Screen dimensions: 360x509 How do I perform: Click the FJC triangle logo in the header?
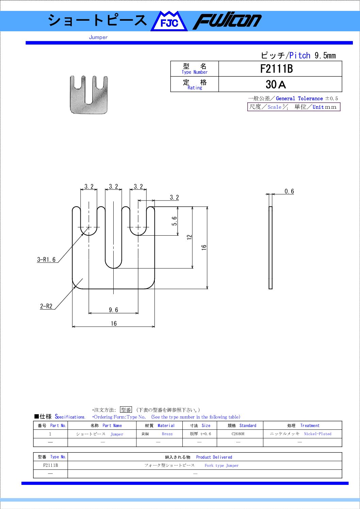click(x=169, y=21)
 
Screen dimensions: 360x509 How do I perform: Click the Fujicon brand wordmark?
click(x=227, y=21)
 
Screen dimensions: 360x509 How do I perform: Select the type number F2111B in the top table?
click(x=276, y=69)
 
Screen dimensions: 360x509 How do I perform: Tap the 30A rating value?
click(x=276, y=85)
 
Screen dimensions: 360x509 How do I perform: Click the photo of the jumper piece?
click(x=89, y=95)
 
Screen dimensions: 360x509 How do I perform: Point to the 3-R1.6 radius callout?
click(x=46, y=260)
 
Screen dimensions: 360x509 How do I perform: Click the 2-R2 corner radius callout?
click(x=46, y=306)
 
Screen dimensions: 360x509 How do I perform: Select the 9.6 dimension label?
click(x=114, y=310)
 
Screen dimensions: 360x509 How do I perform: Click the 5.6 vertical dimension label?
click(x=174, y=221)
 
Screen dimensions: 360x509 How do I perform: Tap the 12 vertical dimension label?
click(x=190, y=237)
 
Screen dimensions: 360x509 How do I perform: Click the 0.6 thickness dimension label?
click(x=289, y=191)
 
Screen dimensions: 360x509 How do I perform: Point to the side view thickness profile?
click(x=271, y=248)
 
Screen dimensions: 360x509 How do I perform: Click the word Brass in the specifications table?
click(x=167, y=434)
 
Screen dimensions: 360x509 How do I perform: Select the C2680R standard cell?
click(x=238, y=434)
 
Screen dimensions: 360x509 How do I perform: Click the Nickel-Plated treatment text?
click(x=318, y=434)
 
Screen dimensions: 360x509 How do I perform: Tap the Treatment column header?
click(x=310, y=425)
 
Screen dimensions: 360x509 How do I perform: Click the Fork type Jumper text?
click(x=222, y=465)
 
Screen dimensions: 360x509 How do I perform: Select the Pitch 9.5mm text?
click(x=312, y=55)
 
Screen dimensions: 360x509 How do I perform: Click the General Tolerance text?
click(x=299, y=98)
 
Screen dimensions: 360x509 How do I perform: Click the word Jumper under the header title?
click(x=98, y=37)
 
